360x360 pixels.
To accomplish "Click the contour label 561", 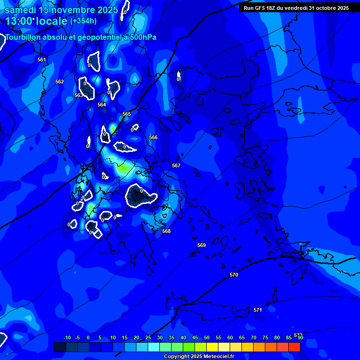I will pyautogui.click(x=42, y=60).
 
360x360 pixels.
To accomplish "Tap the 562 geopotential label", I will pyautogui.click(x=60, y=82).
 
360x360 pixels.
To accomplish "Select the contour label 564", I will pyautogui.click(x=102, y=105).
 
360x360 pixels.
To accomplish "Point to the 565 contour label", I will pyautogui.click(x=127, y=114).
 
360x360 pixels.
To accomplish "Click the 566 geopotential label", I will pyautogui.click(x=153, y=137).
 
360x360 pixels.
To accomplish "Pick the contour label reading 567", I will pyautogui.click(x=176, y=165).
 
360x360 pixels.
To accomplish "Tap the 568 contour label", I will pyautogui.click(x=166, y=231).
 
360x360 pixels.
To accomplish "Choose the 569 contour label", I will pyautogui.click(x=202, y=245).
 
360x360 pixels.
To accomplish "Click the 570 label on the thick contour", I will pyautogui.click(x=234, y=275).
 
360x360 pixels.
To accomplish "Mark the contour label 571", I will pyautogui.click(x=257, y=310).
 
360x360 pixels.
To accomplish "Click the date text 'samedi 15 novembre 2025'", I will pyautogui.click(x=61, y=9).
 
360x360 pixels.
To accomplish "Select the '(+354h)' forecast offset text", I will pyautogui.click(x=83, y=21).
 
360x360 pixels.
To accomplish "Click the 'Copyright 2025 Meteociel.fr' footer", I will pyautogui.click(x=199, y=356).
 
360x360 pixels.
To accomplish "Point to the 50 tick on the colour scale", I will pyautogui.click(x=206, y=337).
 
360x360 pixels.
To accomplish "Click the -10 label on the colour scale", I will pyautogui.click(x=67, y=337).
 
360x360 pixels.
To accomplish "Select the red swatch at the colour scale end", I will pyautogui.click(x=294, y=347).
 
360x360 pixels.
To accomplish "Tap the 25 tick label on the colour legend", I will pyautogui.click(x=148, y=337).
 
